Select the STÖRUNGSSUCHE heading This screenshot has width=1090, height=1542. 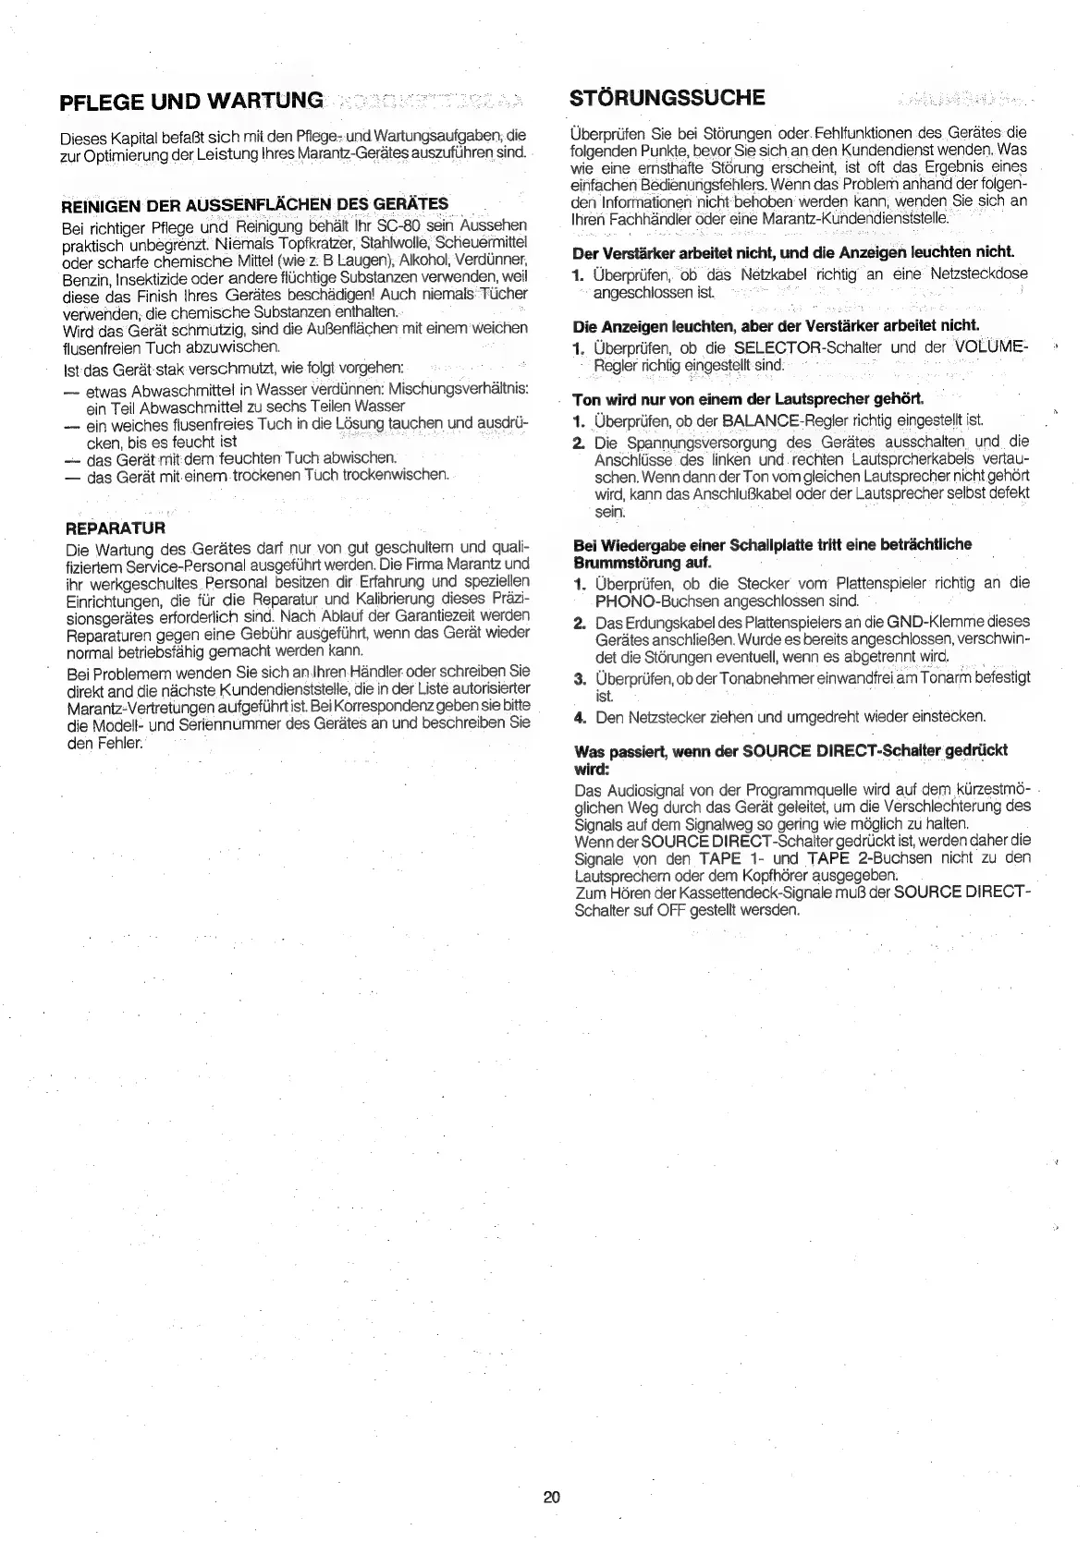point(669,98)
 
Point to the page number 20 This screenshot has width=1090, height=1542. point(552,1498)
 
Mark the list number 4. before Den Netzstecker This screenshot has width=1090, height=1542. point(580,716)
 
